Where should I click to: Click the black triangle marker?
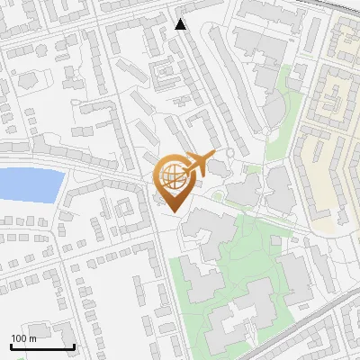pos(181,24)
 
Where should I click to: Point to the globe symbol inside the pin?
pos(172,175)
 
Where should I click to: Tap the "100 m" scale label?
pos(24,338)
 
